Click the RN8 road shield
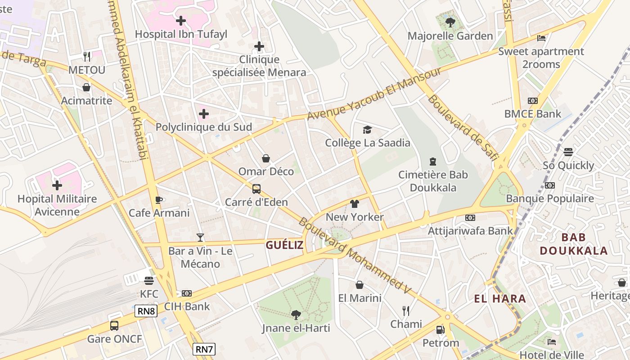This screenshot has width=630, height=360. click(x=146, y=310)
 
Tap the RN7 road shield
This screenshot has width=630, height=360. click(x=204, y=349)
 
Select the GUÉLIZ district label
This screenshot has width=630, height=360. click(x=284, y=245)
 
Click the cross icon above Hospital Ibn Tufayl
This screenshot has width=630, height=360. click(x=181, y=21)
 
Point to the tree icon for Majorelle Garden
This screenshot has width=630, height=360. click(x=450, y=22)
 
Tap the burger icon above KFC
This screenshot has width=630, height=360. click(x=149, y=281)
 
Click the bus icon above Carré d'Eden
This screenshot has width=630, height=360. click(x=256, y=189)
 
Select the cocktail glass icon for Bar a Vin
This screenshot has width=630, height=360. click(x=200, y=237)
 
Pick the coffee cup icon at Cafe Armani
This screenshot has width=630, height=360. click(x=158, y=200)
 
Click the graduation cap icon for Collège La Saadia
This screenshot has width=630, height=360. click(x=368, y=130)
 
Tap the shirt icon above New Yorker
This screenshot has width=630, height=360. click(x=355, y=204)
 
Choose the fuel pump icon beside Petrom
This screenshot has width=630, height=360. click(x=441, y=330)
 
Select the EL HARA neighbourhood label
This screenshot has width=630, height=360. click(x=500, y=298)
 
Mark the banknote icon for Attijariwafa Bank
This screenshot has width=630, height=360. click(x=470, y=218)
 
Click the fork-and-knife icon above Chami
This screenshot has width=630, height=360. click(x=406, y=310)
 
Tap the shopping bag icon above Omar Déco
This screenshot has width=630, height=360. click(x=266, y=158)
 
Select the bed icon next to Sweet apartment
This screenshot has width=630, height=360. click(x=541, y=38)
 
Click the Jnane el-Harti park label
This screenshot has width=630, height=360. click(x=296, y=328)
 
